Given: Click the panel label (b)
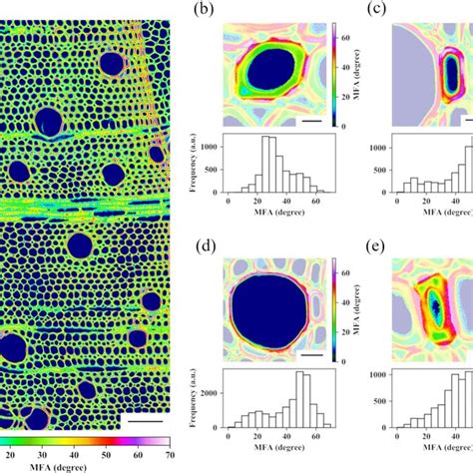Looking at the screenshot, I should tap(209, 11).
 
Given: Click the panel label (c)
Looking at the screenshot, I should tap(379, 11).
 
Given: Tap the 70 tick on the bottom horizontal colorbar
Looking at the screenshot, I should tap(166, 454).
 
